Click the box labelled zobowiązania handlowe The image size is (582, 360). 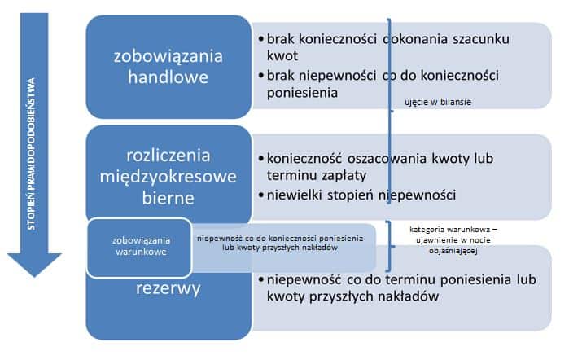pyautogui.click(x=168, y=67)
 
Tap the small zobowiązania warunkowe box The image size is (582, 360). pyautogui.click(x=139, y=248)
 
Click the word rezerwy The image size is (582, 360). pyautogui.click(x=168, y=288)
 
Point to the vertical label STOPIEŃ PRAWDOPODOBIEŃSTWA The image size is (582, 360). pyautogui.click(x=32, y=154)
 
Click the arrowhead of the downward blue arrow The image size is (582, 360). pyautogui.click(x=34, y=264)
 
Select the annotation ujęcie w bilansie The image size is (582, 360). pyautogui.click(x=438, y=102)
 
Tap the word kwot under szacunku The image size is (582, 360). pyautogui.click(x=282, y=55)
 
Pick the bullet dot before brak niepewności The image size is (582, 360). pyautogui.click(x=261, y=76)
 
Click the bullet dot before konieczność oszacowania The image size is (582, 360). pyautogui.click(x=261, y=159)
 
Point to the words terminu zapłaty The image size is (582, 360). pyautogui.click(x=317, y=176)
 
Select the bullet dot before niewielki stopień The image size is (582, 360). pyautogui.click(x=261, y=195)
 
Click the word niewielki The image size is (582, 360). pyautogui.click(x=295, y=195)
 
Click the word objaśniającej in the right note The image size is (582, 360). pyautogui.click(x=453, y=251)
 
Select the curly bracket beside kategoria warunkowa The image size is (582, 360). pyautogui.click(x=389, y=246)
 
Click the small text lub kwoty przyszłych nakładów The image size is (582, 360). pyautogui.click(x=280, y=248)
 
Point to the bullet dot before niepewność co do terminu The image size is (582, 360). pyautogui.click(x=261, y=279)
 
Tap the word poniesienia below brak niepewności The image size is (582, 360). pyautogui.click(x=302, y=93)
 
